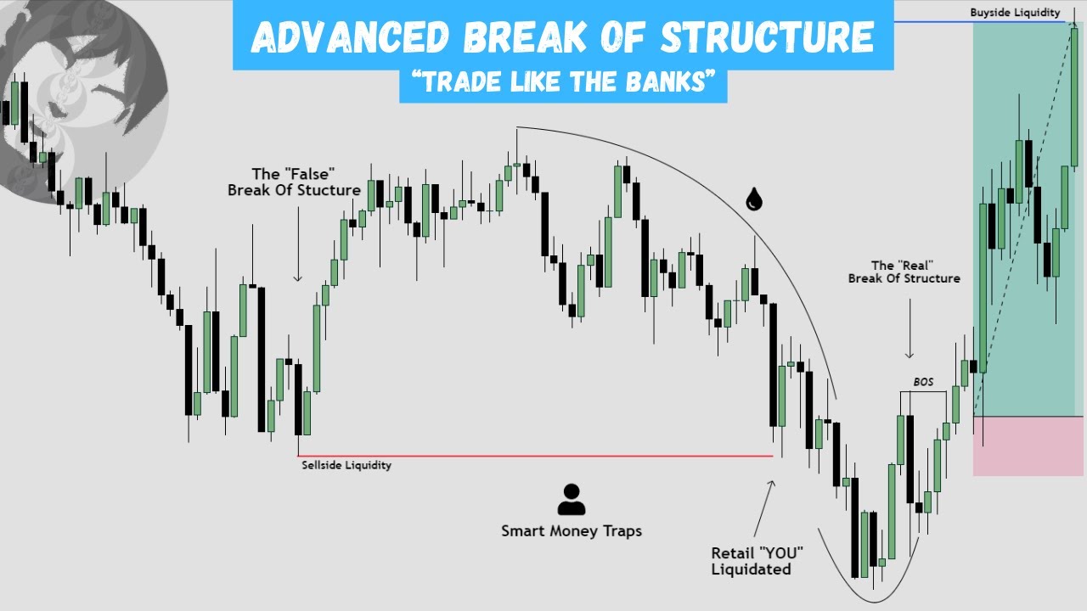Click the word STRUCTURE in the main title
pos(767,36)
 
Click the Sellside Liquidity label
pos(346,465)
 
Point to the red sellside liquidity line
pos(535,456)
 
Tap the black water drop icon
pos(753,199)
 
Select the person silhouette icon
pos(571,500)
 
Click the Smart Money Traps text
pos(571,531)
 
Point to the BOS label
pos(922,383)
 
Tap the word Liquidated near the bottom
pos(751,569)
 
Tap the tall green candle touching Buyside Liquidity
pos(1073,98)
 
